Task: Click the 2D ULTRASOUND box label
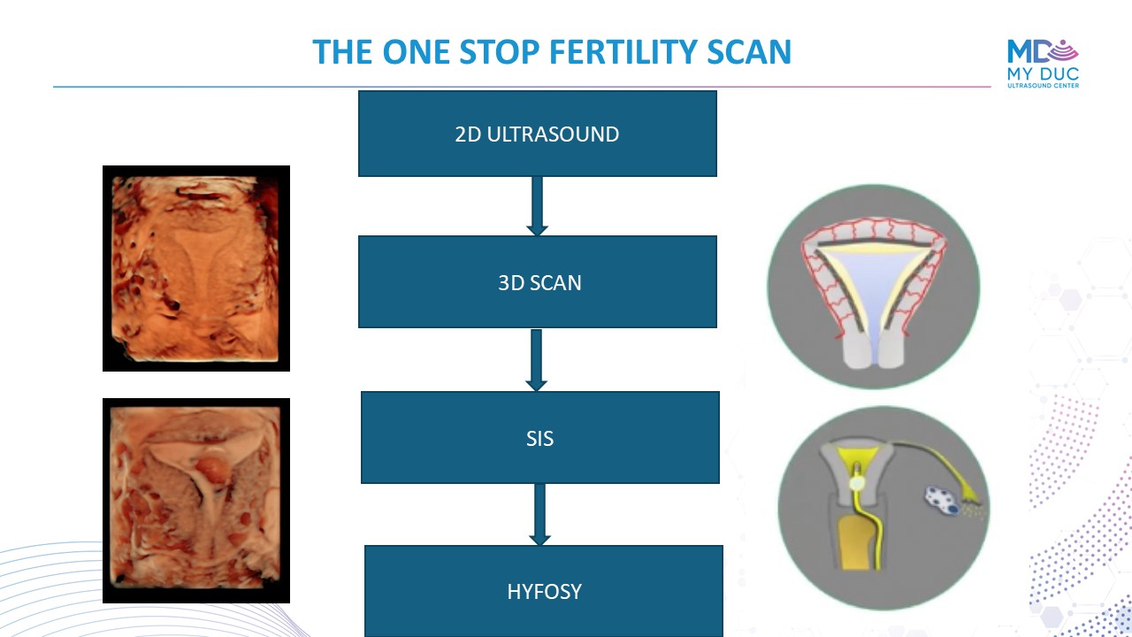537,134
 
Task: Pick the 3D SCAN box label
539,283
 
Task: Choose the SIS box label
539,438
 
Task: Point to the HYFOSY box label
544,592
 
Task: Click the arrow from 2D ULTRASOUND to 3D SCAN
537,206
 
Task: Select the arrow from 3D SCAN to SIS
536,360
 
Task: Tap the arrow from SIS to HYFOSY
539,515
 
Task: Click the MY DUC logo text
1043,73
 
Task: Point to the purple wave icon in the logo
1063,50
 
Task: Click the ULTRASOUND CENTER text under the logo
1043,86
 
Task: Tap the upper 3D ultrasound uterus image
196,268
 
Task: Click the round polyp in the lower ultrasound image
213,470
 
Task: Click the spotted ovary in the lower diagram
943,500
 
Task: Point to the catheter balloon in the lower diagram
857,484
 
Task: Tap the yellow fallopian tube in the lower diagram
935,465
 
